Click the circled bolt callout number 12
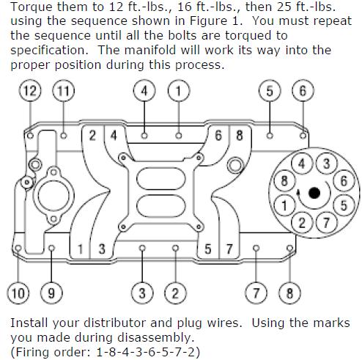click(30, 91)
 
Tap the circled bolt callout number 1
click(179, 91)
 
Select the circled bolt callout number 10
click(18, 293)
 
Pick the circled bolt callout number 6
click(303, 91)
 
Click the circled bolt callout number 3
click(142, 293)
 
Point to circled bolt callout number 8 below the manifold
click(289, 293)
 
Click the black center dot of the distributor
click(314, 193)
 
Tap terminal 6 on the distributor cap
click(344, 181)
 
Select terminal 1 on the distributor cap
click(284, 205)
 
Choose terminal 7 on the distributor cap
click(327, 223)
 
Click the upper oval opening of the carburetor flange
click(161, 178)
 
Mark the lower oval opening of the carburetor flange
click(161, 206)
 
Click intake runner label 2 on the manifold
click(92, 135)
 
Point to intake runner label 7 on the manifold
click(229, 249)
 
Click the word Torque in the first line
click(31, 7)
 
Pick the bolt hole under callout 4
click(144, 135)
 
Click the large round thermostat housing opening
click(53, 195)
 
